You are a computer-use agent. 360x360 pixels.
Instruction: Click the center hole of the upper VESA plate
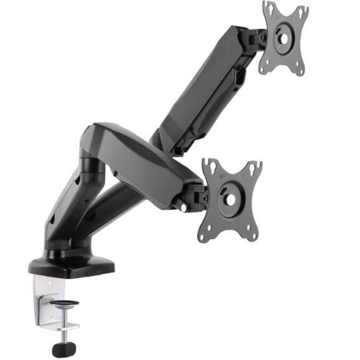[283, 38]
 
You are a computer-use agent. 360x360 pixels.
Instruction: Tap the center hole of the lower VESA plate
[230, 199]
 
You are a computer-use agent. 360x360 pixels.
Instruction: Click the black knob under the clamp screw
[61, 348]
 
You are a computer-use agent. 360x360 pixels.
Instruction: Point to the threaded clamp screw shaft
[63, 322]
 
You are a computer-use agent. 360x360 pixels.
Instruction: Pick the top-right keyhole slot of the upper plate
[302, 11]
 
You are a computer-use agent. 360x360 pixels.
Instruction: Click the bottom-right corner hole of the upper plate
[300, 71]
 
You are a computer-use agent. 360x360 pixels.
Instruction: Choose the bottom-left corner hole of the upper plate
[264, 68]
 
